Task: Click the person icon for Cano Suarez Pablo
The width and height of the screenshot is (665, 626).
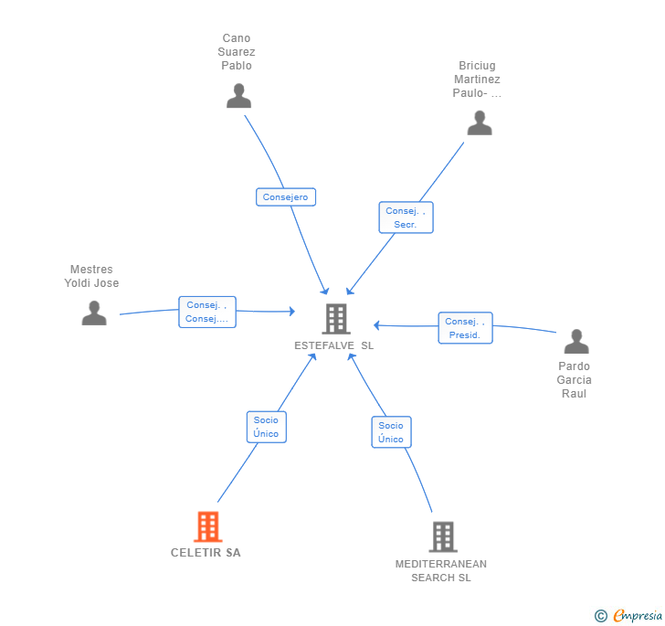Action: click(238, 96)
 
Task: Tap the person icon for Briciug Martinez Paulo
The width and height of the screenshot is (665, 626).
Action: click(480, 123)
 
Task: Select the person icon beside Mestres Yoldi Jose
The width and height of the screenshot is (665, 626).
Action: click(94, 313)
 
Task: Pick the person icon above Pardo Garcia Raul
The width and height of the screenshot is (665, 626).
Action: click(576, 342)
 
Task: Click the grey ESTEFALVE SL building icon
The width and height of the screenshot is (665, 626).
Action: click(335, 319)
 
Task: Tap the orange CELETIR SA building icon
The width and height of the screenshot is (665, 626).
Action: click(207, 526)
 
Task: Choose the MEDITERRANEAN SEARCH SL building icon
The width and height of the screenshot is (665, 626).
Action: click(442, 536)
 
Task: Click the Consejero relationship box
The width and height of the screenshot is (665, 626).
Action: click(286, 197)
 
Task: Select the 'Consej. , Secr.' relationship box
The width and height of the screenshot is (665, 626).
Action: click(406, 218)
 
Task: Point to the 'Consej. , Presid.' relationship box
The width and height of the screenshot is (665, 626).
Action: click(465, 328)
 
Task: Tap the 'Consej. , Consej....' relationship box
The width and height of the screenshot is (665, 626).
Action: click(206, 313)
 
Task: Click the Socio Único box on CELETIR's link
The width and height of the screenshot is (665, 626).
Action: click(266, 427)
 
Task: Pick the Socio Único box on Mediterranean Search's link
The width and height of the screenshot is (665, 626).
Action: click(391, 432)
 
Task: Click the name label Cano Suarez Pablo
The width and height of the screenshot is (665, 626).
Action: click(237, 52)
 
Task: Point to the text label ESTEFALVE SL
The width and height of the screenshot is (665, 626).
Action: click(334, 346)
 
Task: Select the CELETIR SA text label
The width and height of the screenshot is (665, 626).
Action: click(206, 553)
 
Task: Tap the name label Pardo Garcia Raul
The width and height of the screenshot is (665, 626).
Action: click(575, 380)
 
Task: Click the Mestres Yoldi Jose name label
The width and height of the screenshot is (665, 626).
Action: click(91, 276)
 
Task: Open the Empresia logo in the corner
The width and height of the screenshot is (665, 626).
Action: click(628, 616)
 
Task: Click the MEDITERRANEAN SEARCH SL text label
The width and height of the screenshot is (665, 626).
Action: click(441, 570)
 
